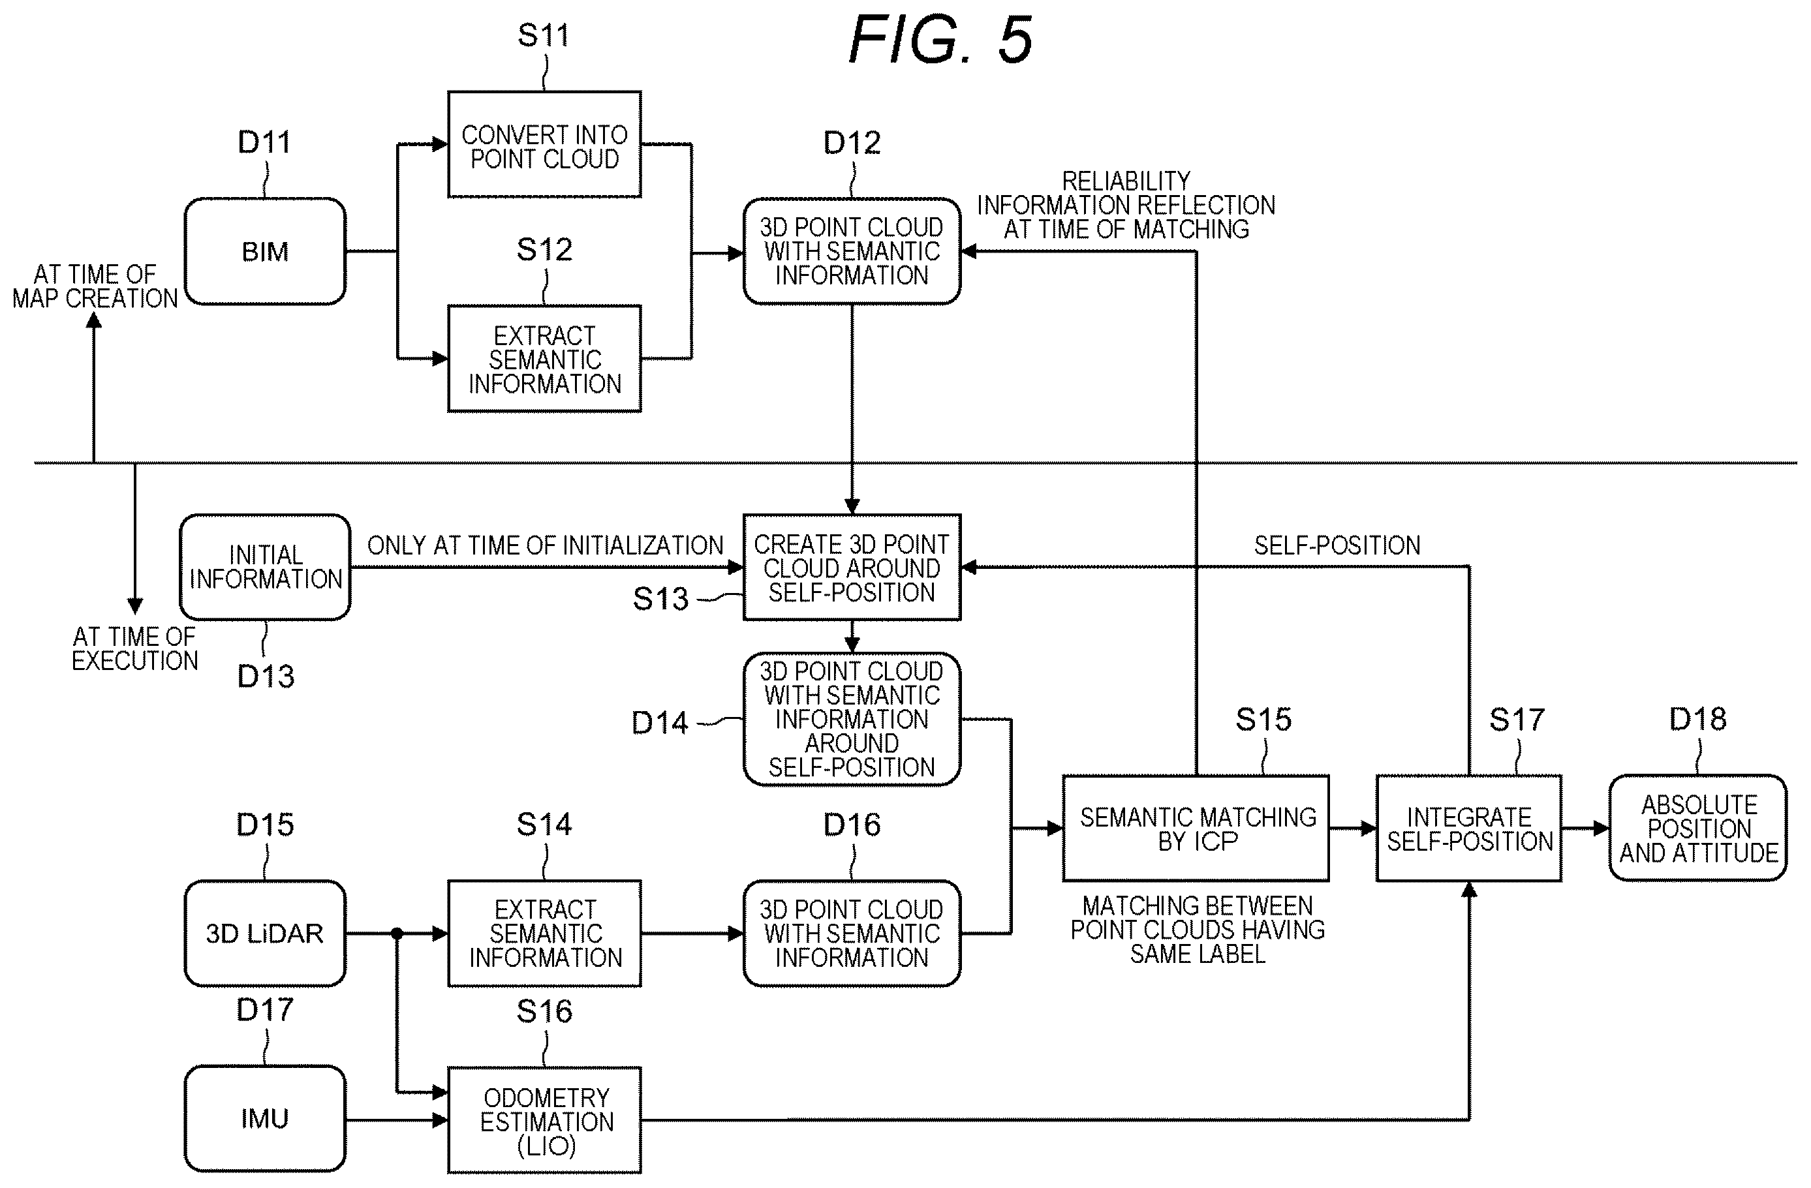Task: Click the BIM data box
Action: coord(265,252)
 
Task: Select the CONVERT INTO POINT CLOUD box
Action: coord(545,145)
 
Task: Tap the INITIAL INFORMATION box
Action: coord(266,568)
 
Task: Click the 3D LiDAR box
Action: coord(265,933)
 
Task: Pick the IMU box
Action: coord(265,1119)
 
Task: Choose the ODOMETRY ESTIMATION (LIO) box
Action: coord(545,1120)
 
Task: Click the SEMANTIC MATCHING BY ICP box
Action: coord(1196,829)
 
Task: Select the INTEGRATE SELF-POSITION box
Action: coord(1469,829)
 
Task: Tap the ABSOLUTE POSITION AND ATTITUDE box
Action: coord(1698,829)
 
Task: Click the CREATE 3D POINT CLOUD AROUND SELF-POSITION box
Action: coord(852,568)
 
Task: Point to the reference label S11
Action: coord(543,36)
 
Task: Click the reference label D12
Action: coord(852,143)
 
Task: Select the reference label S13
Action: coord(660,600)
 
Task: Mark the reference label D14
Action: coord(660,723)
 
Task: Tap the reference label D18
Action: coord(1697,720)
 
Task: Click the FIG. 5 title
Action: coord(940,40)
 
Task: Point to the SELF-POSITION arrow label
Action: coord(1337,545)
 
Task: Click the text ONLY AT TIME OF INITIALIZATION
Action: coord(545,545)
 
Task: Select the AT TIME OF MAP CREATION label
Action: coord(95,287)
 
